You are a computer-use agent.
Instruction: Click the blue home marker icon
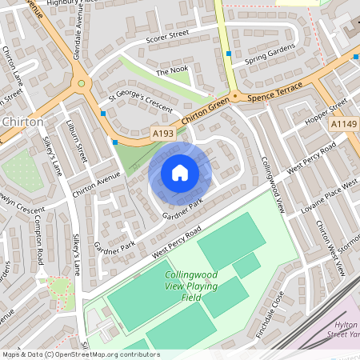[180, 173]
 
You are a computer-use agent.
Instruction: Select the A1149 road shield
[342, 124]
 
